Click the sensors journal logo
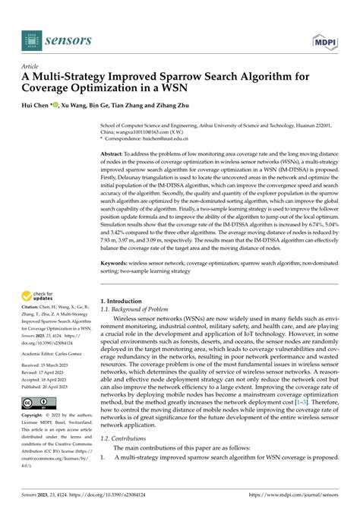(57, 39)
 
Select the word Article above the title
(31, 66)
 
